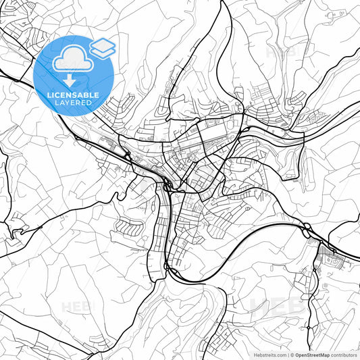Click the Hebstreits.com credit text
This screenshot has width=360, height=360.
pos(269,354)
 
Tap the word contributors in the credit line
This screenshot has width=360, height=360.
pos(344,354)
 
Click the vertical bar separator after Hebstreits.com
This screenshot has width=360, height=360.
pos(287,354)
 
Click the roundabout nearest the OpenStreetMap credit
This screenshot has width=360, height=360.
pos(310,326)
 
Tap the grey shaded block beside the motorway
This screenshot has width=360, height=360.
pos(327,255)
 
